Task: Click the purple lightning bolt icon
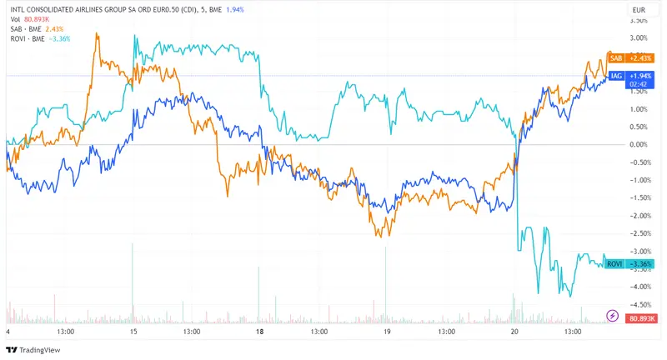point(612,317)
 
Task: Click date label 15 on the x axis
point(133,332)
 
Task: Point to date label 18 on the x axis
point(260,332)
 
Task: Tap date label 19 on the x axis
point(387,332)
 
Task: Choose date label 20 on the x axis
point(514,332)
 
